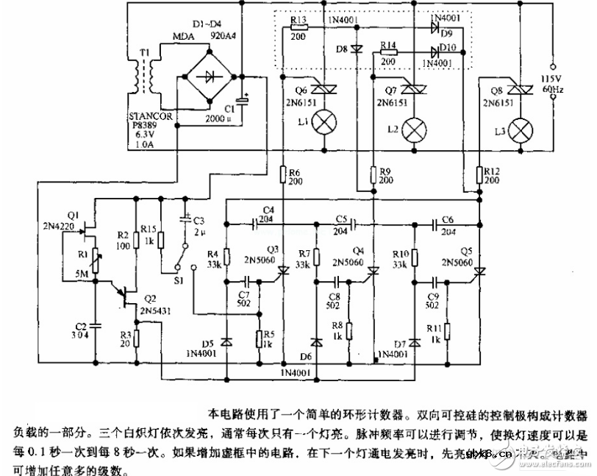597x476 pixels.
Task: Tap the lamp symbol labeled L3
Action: [521, 130]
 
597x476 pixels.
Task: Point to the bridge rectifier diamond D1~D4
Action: [211, 77]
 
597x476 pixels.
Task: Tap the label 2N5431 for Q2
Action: [157, 311]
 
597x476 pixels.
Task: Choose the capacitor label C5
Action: [340, 219]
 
